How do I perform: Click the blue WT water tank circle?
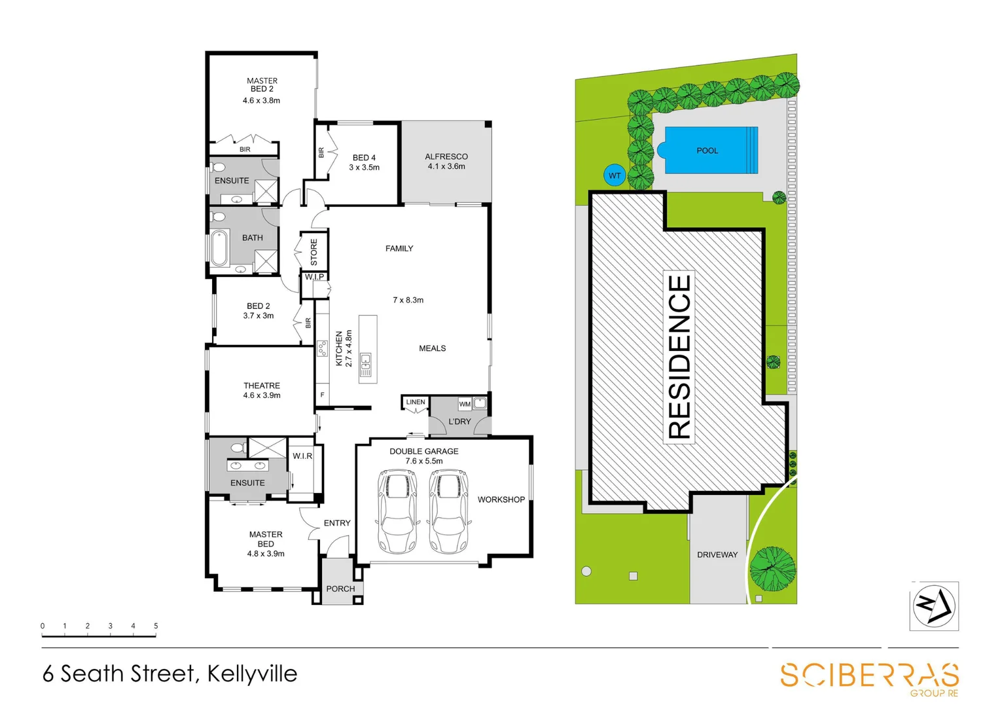[x=615, y=175]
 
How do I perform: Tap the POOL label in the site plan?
[x=707, y=151]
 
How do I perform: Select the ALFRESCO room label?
[x=446, y=156]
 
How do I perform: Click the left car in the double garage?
[x=397, y=511]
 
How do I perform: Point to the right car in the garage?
[x=448, y=511]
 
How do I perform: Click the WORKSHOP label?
[x=501, y=499]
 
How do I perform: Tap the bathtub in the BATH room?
[x=219, y=248]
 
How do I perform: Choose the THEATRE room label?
[x=262, y=386]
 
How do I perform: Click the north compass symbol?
[x=934, y=606]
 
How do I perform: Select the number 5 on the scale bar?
[x=156, y=626]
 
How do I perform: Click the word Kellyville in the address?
[x=252, y=674]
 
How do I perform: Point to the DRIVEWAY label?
[x=717, y=554]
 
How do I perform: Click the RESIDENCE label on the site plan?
[x=679, y=357]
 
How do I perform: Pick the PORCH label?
[x=340, y=589]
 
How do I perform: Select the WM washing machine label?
[x=465, y=404]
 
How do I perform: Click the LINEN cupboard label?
[x=416, y=402]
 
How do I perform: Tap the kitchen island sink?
[x=366, y=359]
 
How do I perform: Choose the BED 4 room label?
[x=364, y=158]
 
